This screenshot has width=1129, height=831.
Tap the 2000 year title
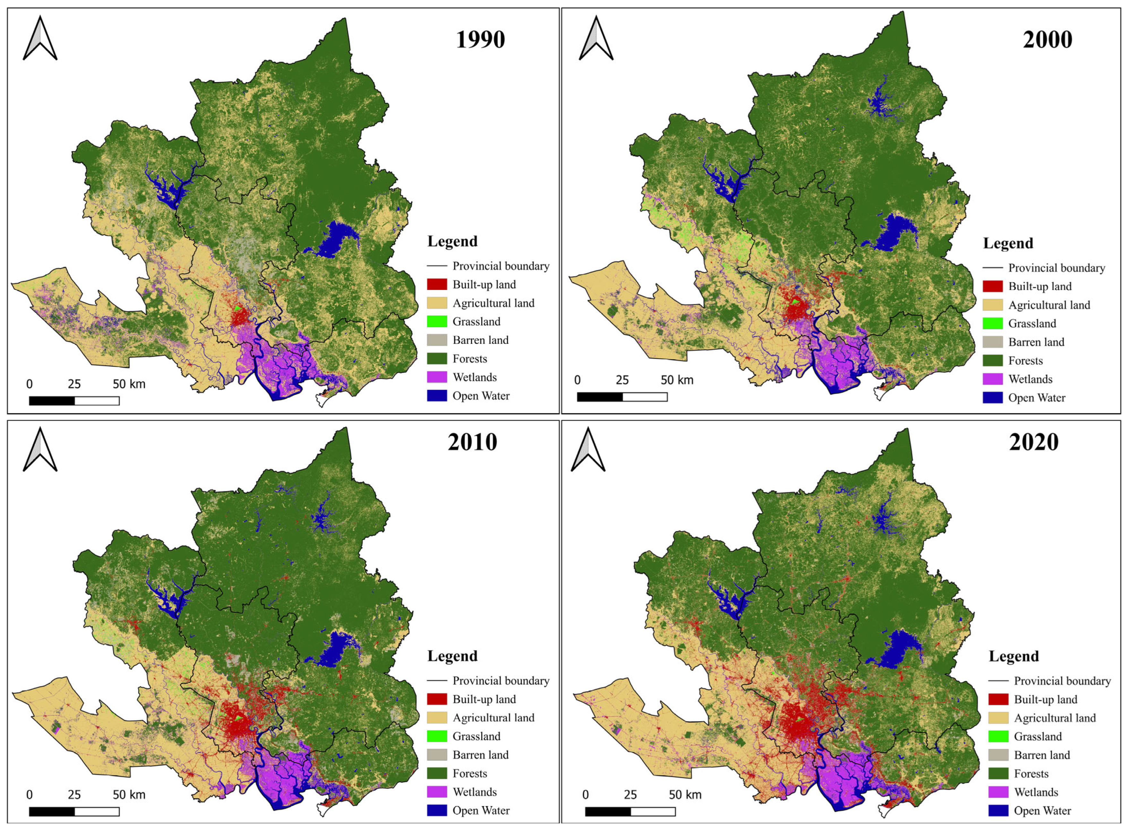1047,40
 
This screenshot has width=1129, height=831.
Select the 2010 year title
472,442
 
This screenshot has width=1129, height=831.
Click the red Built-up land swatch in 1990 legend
437,285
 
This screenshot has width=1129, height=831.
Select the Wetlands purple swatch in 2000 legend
992,379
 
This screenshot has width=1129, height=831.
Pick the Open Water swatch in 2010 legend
437,810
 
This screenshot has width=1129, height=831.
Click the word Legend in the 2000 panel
1008,244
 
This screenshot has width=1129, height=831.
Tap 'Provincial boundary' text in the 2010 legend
500,681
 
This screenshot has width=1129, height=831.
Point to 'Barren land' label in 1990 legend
480,340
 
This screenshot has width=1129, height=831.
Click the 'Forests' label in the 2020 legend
1031,774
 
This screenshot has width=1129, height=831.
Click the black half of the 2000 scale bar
599,397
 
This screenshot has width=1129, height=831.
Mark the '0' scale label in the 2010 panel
29,795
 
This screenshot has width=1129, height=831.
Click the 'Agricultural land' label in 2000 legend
1049,305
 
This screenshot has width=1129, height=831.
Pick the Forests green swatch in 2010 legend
437,773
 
